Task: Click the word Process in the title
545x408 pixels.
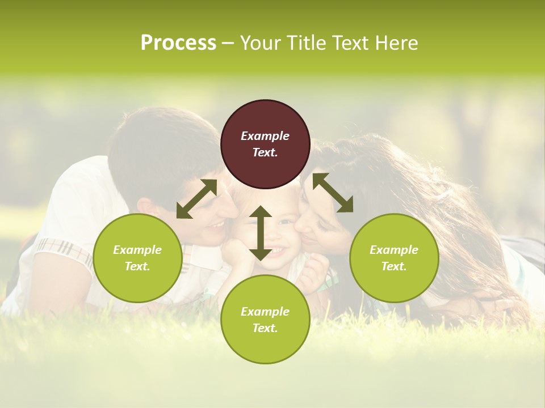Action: pyautogui.click(x=178, y=43)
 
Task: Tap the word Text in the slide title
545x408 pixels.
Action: pyautogui.click(x=351, y=43)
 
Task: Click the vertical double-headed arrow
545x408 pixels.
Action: pyautogui.click(x=261, y=233)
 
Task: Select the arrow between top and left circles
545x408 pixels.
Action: pyautogui.click(x=197, y=198)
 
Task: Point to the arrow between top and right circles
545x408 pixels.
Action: pyautogui.click(x=333, y=193)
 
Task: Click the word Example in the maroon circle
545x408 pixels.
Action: pyautogui.click(x=265, y=136)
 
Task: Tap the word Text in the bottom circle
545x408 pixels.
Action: pyautogui.click(x=265, y=328)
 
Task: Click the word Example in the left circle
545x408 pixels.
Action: pyautogui.click(x=137, y=250)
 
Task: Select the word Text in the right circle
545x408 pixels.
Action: pyautogui.click(x=393, y=266)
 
